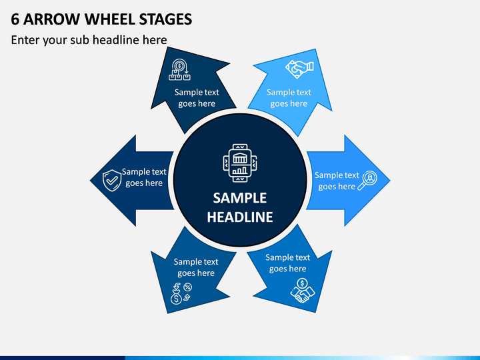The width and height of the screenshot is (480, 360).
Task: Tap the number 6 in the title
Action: (15, 19)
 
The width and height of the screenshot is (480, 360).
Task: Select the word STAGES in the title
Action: (165, 19)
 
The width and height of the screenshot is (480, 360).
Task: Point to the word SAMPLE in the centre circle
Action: (240, 198)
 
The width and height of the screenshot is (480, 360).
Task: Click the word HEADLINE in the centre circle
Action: (240, 217)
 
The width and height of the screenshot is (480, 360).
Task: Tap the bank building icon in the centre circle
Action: (240, 163)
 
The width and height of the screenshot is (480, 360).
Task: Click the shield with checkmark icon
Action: (112, 180)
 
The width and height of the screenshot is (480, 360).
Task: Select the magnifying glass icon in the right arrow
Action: (367, 180)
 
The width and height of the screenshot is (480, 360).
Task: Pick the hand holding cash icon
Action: (299, 69)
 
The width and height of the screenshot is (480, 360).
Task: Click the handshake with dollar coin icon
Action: (303, 291)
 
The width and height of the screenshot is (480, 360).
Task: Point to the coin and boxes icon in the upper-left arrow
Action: (180, 69)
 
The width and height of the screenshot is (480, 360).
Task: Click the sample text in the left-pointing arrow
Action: (144, 177)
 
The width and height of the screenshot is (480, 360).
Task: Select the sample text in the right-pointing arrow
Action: (337, 181)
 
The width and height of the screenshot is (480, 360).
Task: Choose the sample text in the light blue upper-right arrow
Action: (289, 97)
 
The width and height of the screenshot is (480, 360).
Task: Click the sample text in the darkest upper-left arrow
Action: (197, 97)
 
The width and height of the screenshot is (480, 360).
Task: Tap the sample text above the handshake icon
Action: (288, 263)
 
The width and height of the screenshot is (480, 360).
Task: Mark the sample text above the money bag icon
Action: (196, 267)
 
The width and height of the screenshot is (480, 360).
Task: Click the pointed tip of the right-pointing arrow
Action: (390, 181)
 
